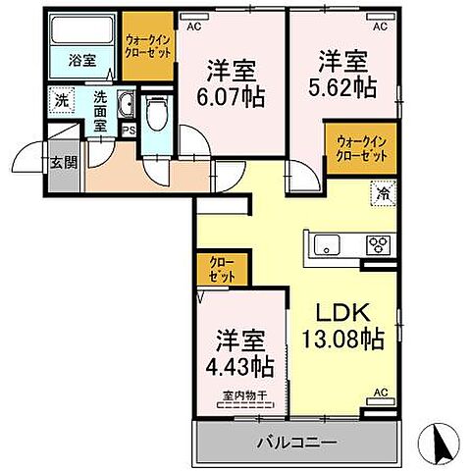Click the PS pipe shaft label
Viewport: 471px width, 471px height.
(x=128, y=127)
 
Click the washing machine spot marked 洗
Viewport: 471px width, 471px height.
(x=61, y=100)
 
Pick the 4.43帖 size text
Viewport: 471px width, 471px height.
(x=241, y=367)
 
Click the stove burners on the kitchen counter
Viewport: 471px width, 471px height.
(x=379, y=244)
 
